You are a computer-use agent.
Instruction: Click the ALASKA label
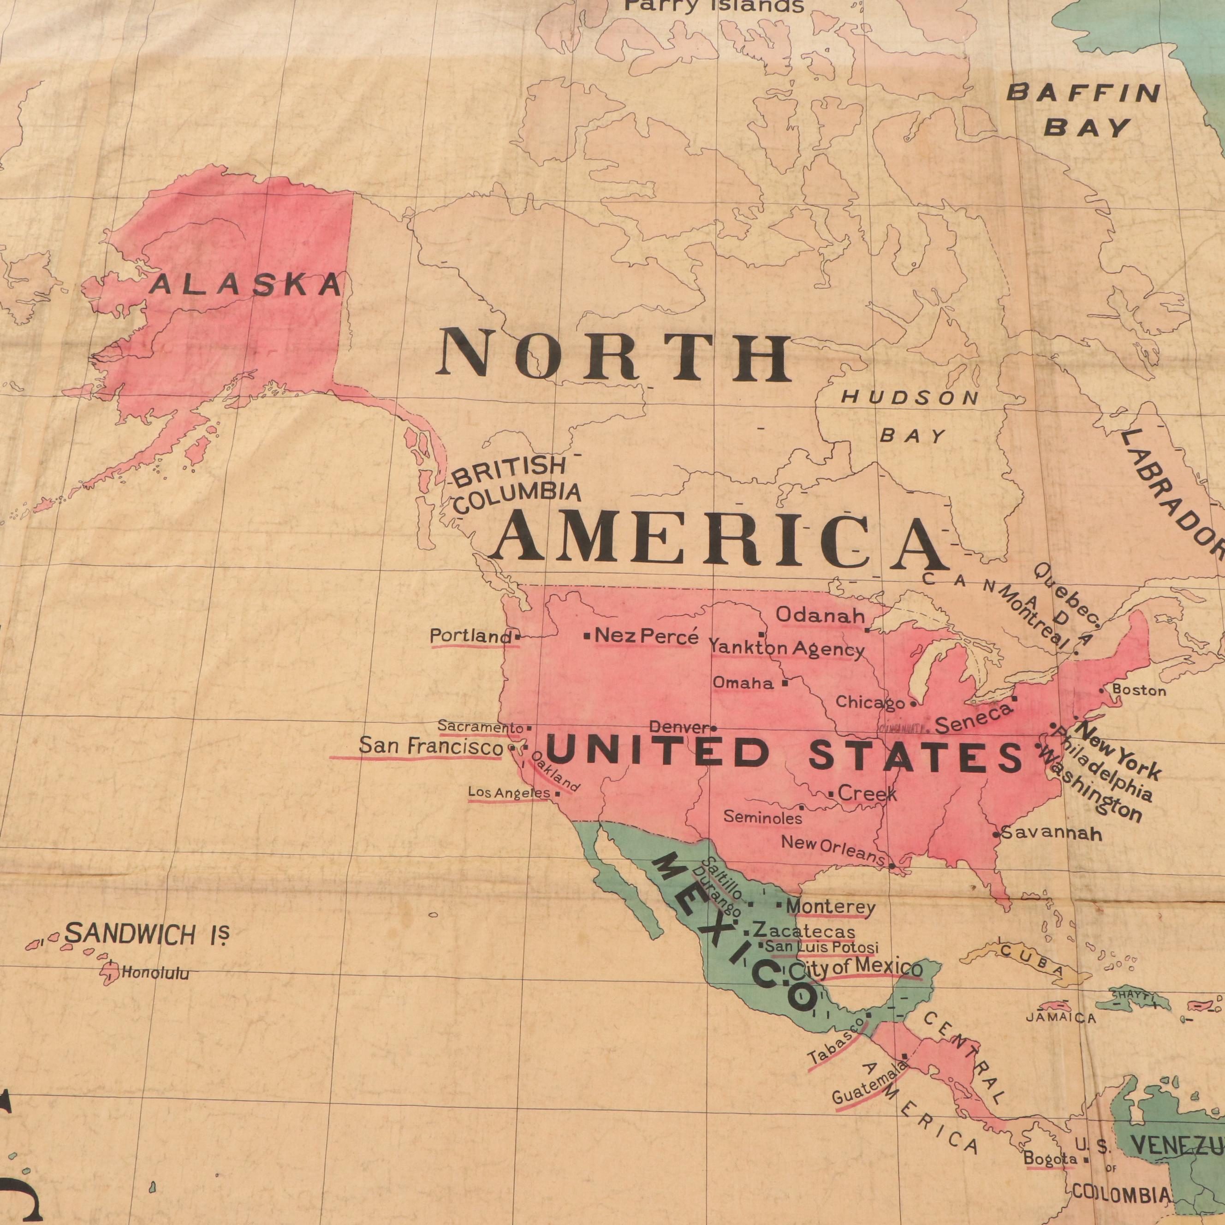245,285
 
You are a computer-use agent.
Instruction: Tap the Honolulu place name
155,973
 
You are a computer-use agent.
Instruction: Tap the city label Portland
470,636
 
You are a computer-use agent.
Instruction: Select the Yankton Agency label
786,648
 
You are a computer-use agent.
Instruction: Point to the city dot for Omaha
785,684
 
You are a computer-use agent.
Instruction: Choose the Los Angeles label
509,792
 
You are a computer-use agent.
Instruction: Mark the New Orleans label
832,850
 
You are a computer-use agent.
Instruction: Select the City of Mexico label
855,968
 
